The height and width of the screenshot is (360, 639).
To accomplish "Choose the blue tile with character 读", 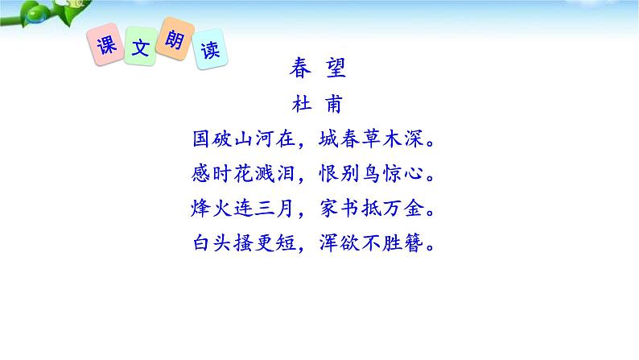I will click(x=209, y=52).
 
